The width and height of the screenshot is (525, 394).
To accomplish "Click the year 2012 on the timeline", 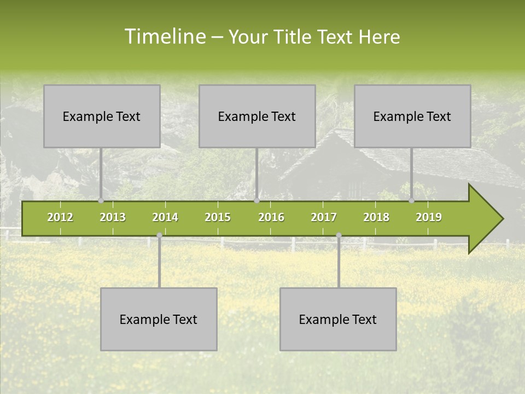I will click(x=60, y=217).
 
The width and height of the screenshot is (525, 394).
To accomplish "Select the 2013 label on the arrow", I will click(x=113, y=217).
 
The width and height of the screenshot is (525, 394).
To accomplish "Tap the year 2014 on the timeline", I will click(x=165, y=217).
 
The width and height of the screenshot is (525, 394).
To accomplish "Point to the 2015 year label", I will click(x=218, y=217).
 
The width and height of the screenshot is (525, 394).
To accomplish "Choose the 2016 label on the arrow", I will click(x=271, y=217).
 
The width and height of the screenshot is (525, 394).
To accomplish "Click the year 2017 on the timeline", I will click(x=324, y=217).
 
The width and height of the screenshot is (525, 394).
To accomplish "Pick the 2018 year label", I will click(x=376, y=217).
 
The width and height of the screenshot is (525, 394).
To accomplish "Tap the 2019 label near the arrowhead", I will click(x=429, y=217).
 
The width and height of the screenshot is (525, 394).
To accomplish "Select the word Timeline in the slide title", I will click(x=165, y=37).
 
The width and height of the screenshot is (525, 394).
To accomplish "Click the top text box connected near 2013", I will click(x=102, y=116).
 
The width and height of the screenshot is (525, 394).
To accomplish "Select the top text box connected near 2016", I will click(x=257, y=116).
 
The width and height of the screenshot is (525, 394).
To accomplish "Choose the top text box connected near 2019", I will click(x=412, y=116).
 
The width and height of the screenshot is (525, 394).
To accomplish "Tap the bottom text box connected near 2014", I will click(x=159, y=319).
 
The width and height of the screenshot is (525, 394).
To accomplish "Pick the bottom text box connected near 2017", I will click(x=338, y=319).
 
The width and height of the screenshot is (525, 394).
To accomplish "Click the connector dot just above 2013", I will click(x=101, y=201).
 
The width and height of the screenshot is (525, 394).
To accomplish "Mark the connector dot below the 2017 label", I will click(x=339, y=235).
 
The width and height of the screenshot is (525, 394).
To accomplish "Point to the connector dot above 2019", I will click(x=411, y=201).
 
